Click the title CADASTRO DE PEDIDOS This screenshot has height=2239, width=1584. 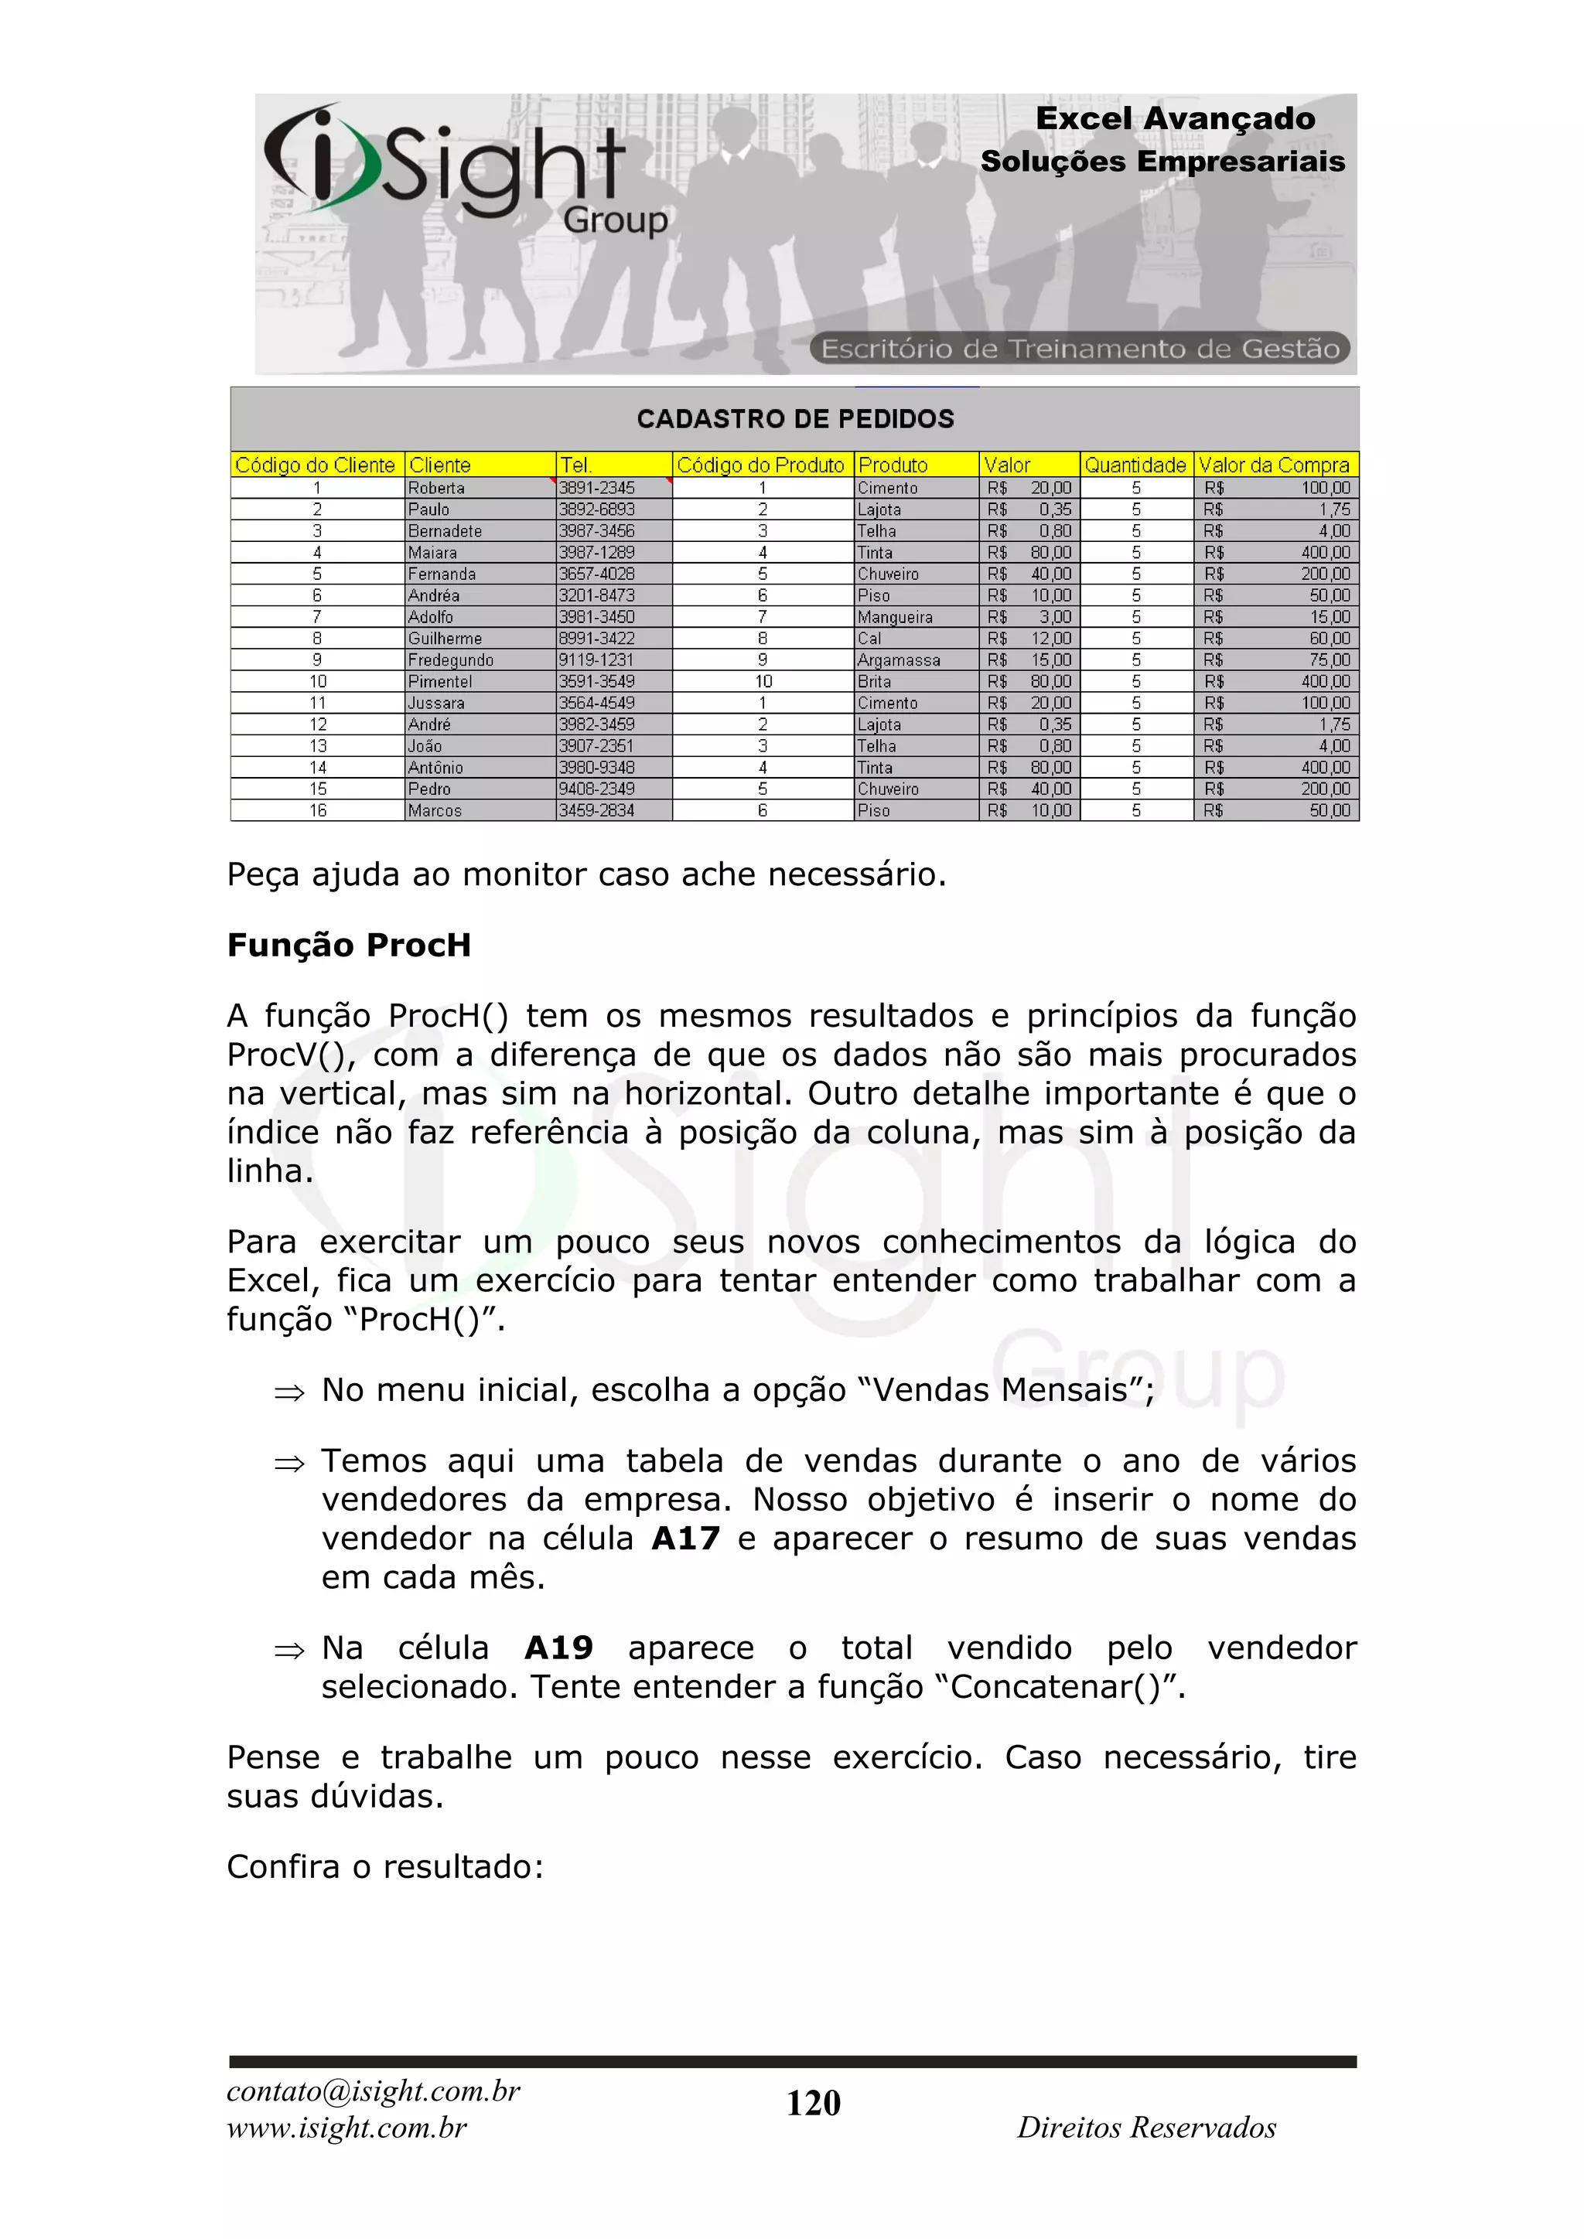(795, 419)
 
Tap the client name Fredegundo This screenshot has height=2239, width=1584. (451, 660)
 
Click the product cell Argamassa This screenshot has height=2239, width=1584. (898, 660)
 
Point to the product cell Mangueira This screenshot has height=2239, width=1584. (894, 617)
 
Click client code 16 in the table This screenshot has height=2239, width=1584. (318, 810)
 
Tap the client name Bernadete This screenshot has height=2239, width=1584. (445, 531)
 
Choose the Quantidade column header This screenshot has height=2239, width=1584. (1135, 465)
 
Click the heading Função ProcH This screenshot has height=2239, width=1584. (348, 945)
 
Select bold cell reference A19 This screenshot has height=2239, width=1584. (558, 1647)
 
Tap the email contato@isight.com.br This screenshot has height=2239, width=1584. (374, 2091)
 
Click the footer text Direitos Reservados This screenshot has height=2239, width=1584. (1146, 2127)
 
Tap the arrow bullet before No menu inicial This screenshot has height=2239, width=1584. (288, 1392)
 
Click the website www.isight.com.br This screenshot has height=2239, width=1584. (346, 2127)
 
